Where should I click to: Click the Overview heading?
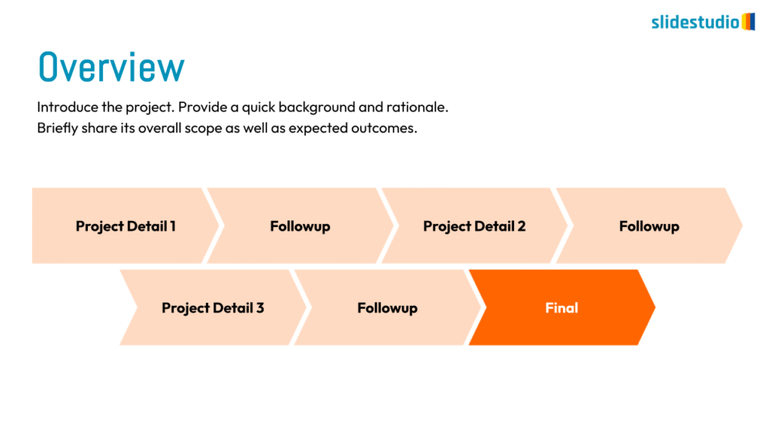[x=111, y=67]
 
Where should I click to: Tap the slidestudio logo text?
[x=695, y=22]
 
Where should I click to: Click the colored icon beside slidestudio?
[x=748, y=21]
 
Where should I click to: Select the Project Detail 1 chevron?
[x=121, y=226]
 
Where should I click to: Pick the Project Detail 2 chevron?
[x=474, y=226]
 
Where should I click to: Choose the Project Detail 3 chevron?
[x=213, y=307]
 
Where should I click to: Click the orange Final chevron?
[x=562, y=307]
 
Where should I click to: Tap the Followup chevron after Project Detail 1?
[x=300, y=226]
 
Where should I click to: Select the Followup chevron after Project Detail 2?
[x=649, y=226]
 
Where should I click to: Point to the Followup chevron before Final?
[x=387, y=307]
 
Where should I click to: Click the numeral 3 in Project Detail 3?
[x=260, y=307]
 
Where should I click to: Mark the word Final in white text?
[x=562, y=307]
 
